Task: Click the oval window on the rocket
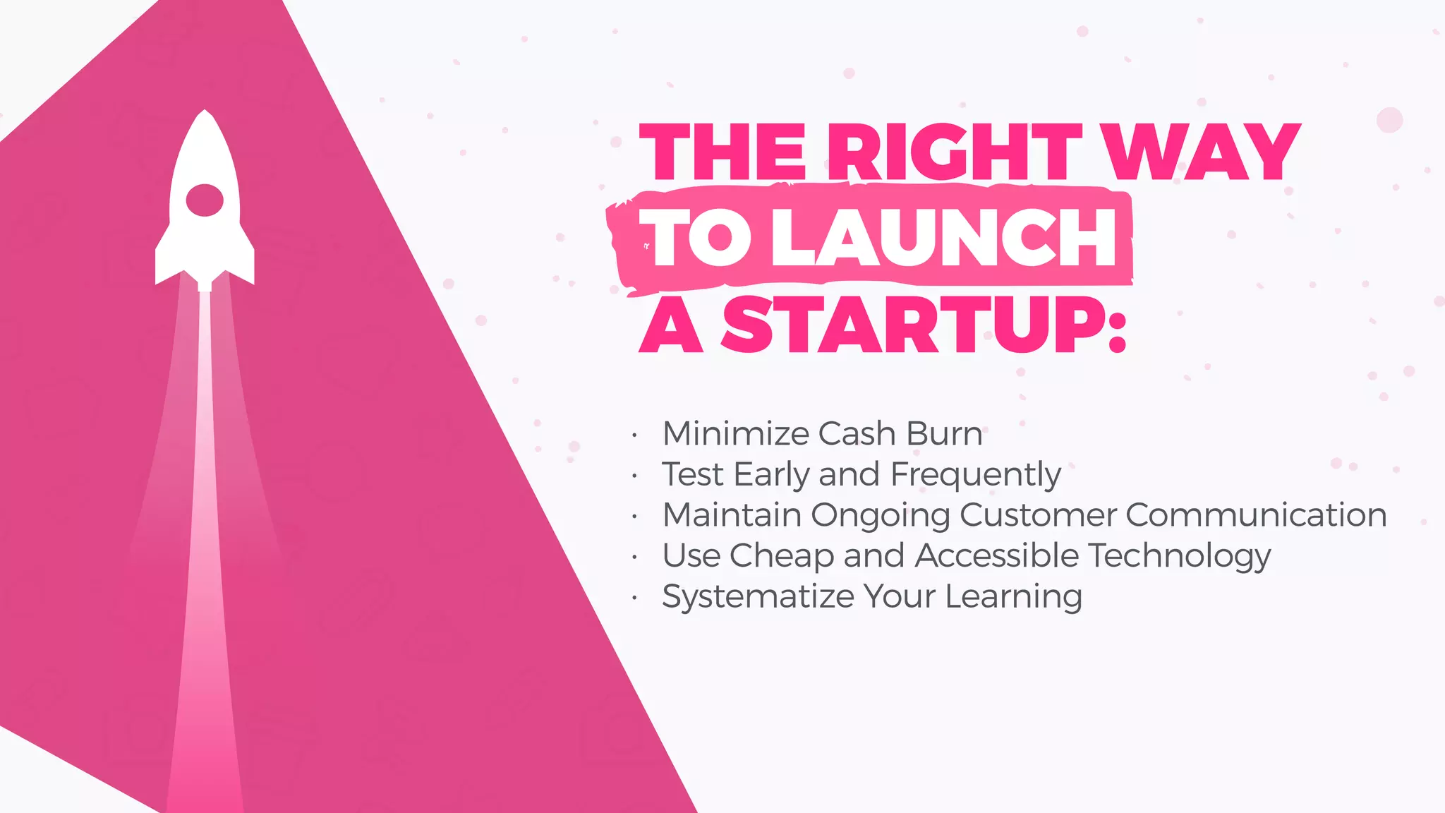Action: pos(205,200)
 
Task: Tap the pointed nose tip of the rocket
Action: pos(205,113)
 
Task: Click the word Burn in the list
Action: pos(944,433)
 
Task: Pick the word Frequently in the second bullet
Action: pos(976,474)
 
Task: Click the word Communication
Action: pos(1256,514)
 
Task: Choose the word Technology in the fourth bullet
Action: pos(1179,556)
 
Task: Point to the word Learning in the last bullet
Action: pos(1013,597)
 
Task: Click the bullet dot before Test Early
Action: pos(635,476)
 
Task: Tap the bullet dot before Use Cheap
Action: pos(635,558)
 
